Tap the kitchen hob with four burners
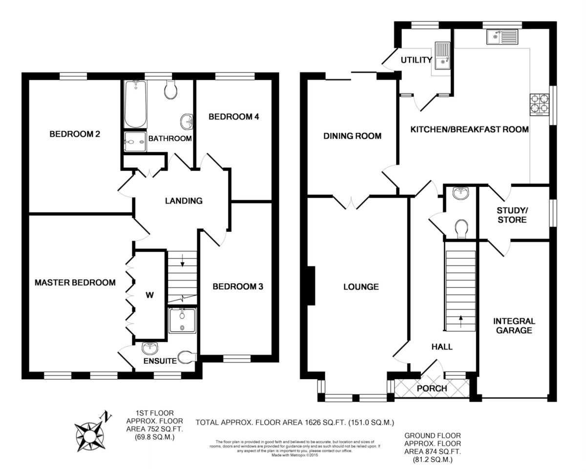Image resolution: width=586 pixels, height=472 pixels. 540,105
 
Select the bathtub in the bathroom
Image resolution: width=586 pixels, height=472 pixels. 136,104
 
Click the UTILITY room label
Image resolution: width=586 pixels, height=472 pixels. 417,60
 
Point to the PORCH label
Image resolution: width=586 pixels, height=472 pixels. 432,389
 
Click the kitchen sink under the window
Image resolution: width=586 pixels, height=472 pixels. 502,37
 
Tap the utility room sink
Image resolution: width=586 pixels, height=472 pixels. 442,56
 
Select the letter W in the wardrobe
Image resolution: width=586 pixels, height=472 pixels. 150,295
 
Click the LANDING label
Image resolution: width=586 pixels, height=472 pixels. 184,201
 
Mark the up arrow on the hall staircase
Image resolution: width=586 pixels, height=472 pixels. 460,322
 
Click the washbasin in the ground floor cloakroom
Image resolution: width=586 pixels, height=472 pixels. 460,193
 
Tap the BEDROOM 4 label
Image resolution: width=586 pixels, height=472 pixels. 233,117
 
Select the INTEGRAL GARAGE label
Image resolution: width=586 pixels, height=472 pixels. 514,326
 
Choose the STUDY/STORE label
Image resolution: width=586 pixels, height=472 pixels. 512,215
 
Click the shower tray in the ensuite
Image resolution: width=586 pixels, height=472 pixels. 182,321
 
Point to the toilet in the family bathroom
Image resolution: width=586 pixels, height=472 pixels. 171,89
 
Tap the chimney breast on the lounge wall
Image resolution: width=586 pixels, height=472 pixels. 311,286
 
